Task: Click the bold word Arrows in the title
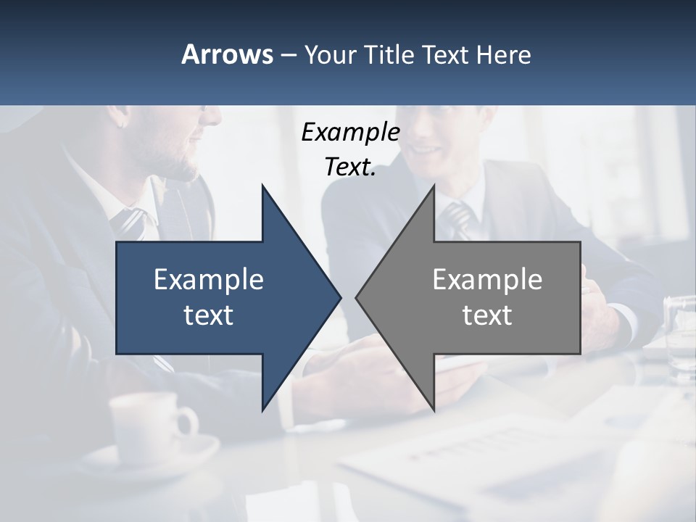point(227,54)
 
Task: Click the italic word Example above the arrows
point(351,133)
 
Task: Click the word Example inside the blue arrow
point(209,279)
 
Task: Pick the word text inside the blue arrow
point(209,315)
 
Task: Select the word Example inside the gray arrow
point(487,279)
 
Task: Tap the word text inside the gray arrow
point(487,315)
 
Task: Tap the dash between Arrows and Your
point(288,54)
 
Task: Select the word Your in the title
point(328,54)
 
